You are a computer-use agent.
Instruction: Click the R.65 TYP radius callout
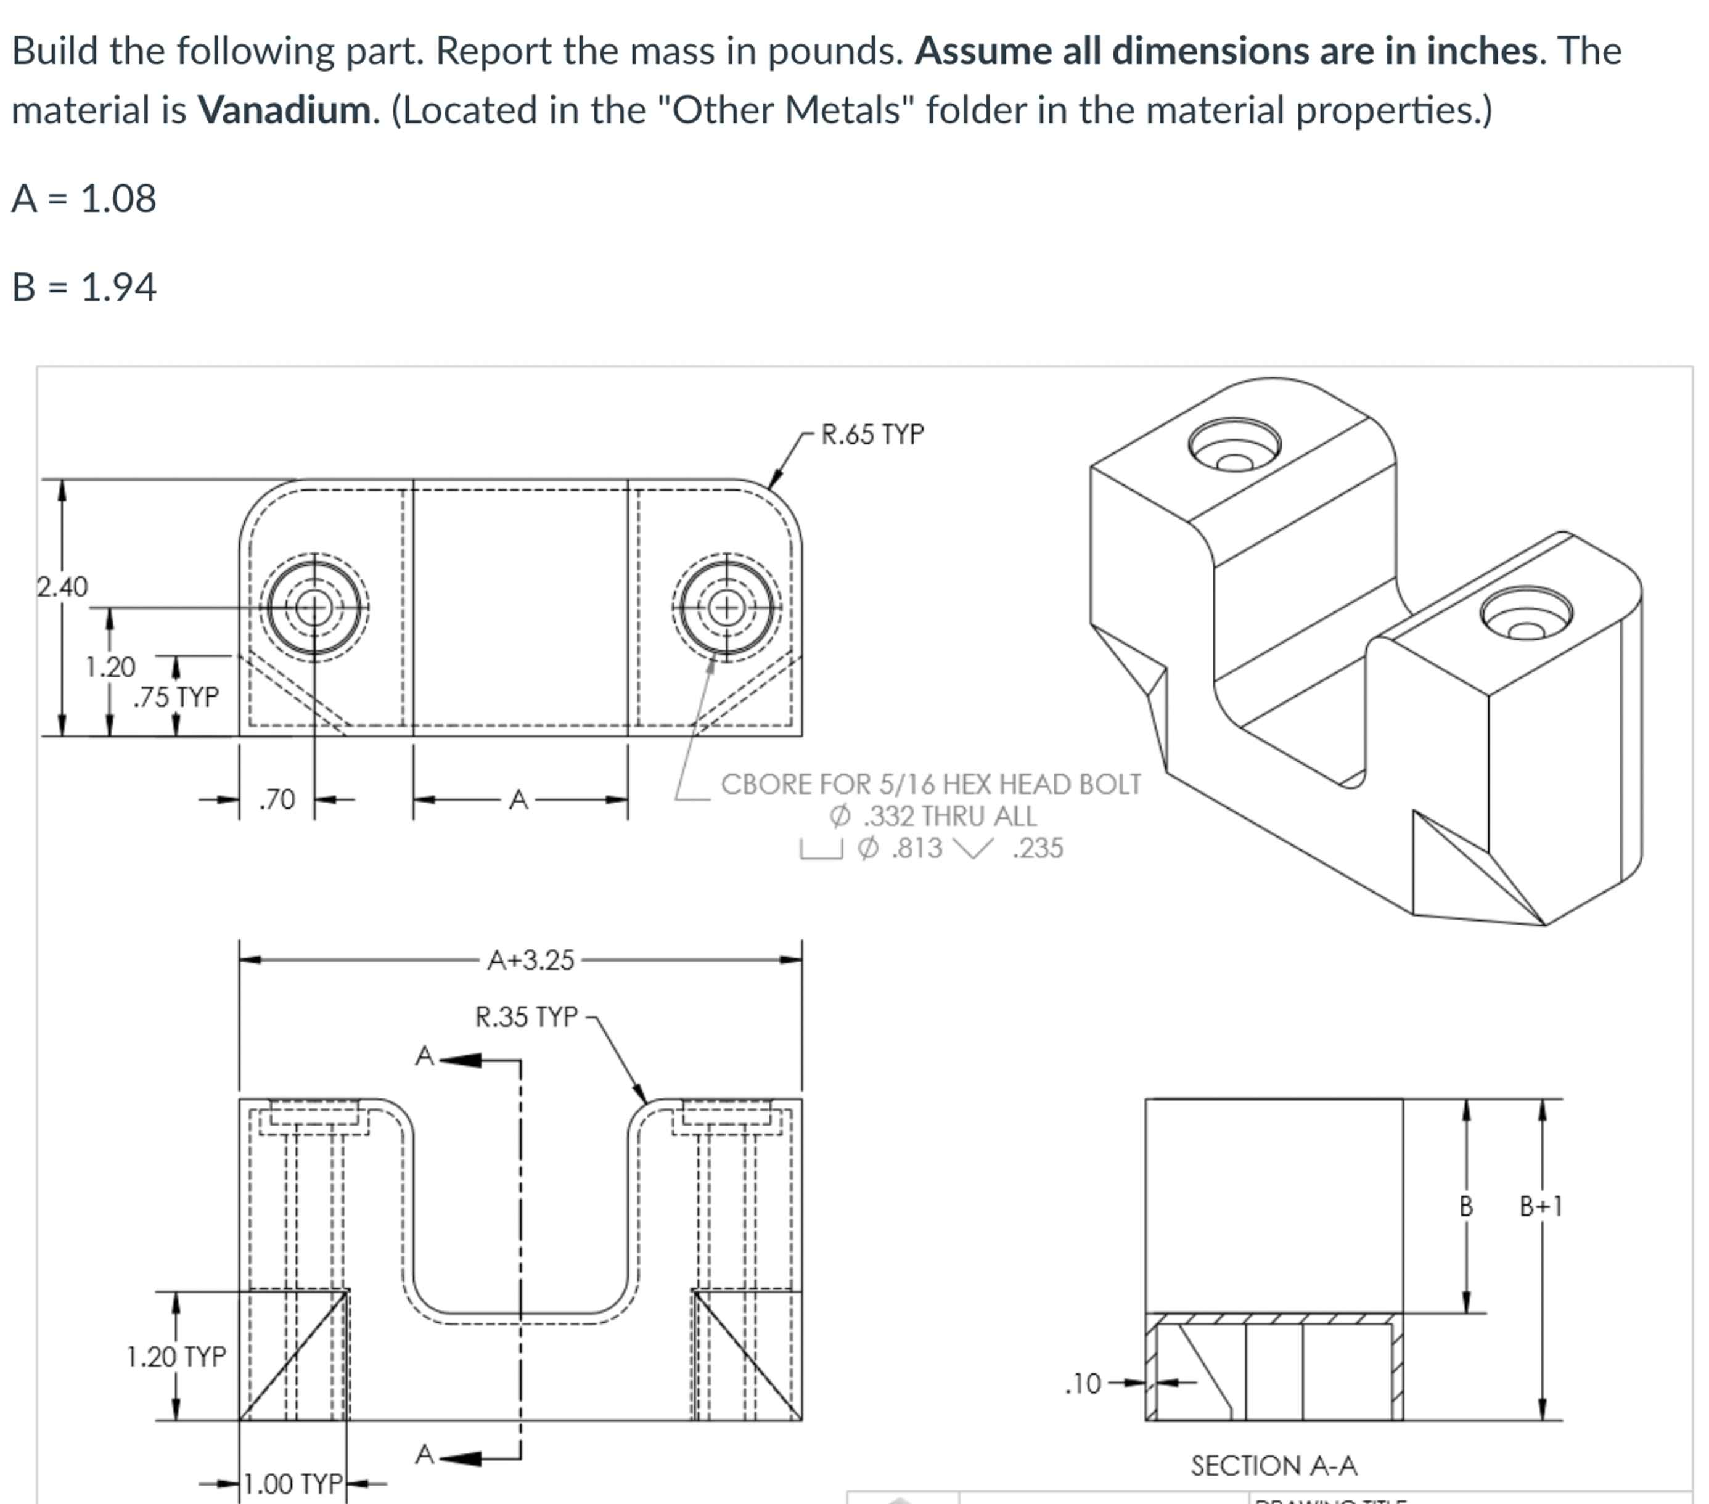click(872, 435)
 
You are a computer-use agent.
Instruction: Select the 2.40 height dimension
click(62, 587)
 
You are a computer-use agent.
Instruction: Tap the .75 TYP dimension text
click(176, 697)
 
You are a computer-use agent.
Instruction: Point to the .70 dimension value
click(277, 800)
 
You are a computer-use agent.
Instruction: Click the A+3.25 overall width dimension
click(531, 960)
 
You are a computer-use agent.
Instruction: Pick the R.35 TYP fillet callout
click(527, 1016)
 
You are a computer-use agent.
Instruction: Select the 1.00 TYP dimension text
click(293, 1483)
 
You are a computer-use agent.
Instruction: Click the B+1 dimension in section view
click(1540, 1206)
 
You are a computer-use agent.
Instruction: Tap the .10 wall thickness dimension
click(1084, 1384)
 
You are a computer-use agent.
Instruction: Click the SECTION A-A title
click(1273, 1466)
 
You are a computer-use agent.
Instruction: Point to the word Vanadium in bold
click(284, 110)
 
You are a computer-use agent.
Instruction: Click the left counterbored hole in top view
click(314, 608)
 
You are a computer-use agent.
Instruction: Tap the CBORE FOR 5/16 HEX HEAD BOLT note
click(930, 784)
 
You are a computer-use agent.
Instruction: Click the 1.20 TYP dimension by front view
click(176, 1356)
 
